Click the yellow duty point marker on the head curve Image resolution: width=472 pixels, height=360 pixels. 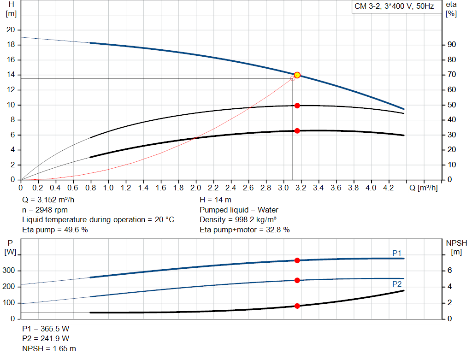[x=297, y=75]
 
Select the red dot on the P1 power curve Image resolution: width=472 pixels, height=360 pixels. [x=297, y=260]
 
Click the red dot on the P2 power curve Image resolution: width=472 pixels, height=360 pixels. [x=297, y=280]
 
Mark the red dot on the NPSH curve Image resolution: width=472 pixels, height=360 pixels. [x=297, y=306]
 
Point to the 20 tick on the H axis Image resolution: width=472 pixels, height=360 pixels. [x=11, y=30]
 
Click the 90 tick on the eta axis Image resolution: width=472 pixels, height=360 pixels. [x=452, y=45]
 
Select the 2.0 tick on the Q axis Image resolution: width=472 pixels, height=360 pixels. [x=196, y=188]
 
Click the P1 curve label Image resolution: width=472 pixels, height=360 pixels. [x=397, y=253]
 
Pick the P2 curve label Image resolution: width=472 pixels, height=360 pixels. [x=397, y=284]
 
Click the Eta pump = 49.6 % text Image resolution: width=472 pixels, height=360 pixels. [x=55, y=230]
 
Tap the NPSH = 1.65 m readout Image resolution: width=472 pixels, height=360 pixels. [x=49, y=348]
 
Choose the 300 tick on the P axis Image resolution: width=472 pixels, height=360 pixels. [x=10, y=271]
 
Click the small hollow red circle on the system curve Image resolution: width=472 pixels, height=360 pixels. [x=292, y=78]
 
